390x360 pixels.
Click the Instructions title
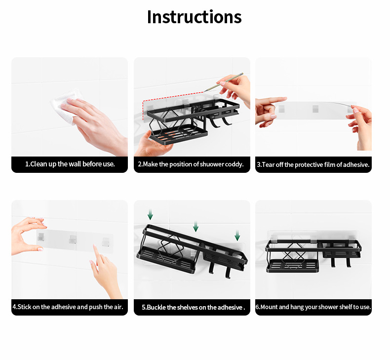coord(194,17)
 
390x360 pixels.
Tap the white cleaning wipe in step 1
coord(65,105)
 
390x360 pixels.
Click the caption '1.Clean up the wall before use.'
coord(70,164)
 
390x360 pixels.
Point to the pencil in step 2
coord(223,82)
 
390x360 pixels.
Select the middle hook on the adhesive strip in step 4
coord(73,240)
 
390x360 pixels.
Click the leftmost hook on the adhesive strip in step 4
coord(41,238)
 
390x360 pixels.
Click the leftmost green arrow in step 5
coord(150,214)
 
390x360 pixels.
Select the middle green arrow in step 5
coord(196,226)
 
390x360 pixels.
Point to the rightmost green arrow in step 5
coord(237,236)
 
